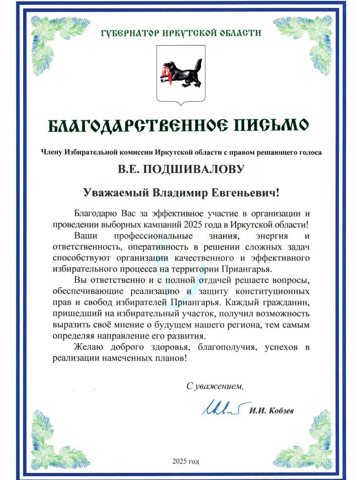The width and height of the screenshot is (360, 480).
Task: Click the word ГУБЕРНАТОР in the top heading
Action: point(125,33)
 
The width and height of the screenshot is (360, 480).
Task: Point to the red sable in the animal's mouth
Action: point(165,74)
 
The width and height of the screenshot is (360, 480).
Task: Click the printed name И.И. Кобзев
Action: point(272,411)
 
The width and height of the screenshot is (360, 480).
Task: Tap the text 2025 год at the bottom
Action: point(185,462)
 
